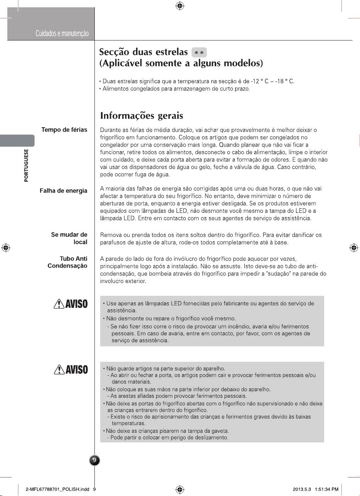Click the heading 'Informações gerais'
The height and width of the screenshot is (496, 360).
pos(141,116)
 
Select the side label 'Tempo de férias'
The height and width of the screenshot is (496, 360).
pos(64,130)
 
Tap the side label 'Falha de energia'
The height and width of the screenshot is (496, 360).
pos(64,191)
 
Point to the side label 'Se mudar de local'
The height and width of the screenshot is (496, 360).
pos(69,238)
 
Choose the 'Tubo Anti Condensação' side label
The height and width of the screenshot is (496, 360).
pos(68,262)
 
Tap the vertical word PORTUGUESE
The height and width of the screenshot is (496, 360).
pos(26,165)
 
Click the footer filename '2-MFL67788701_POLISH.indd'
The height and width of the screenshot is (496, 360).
pos(57,489)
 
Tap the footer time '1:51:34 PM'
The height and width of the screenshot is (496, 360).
pos(326,489)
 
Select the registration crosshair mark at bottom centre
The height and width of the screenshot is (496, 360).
pos(180,489)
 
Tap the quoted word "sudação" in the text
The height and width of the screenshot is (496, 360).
pos(276,274)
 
